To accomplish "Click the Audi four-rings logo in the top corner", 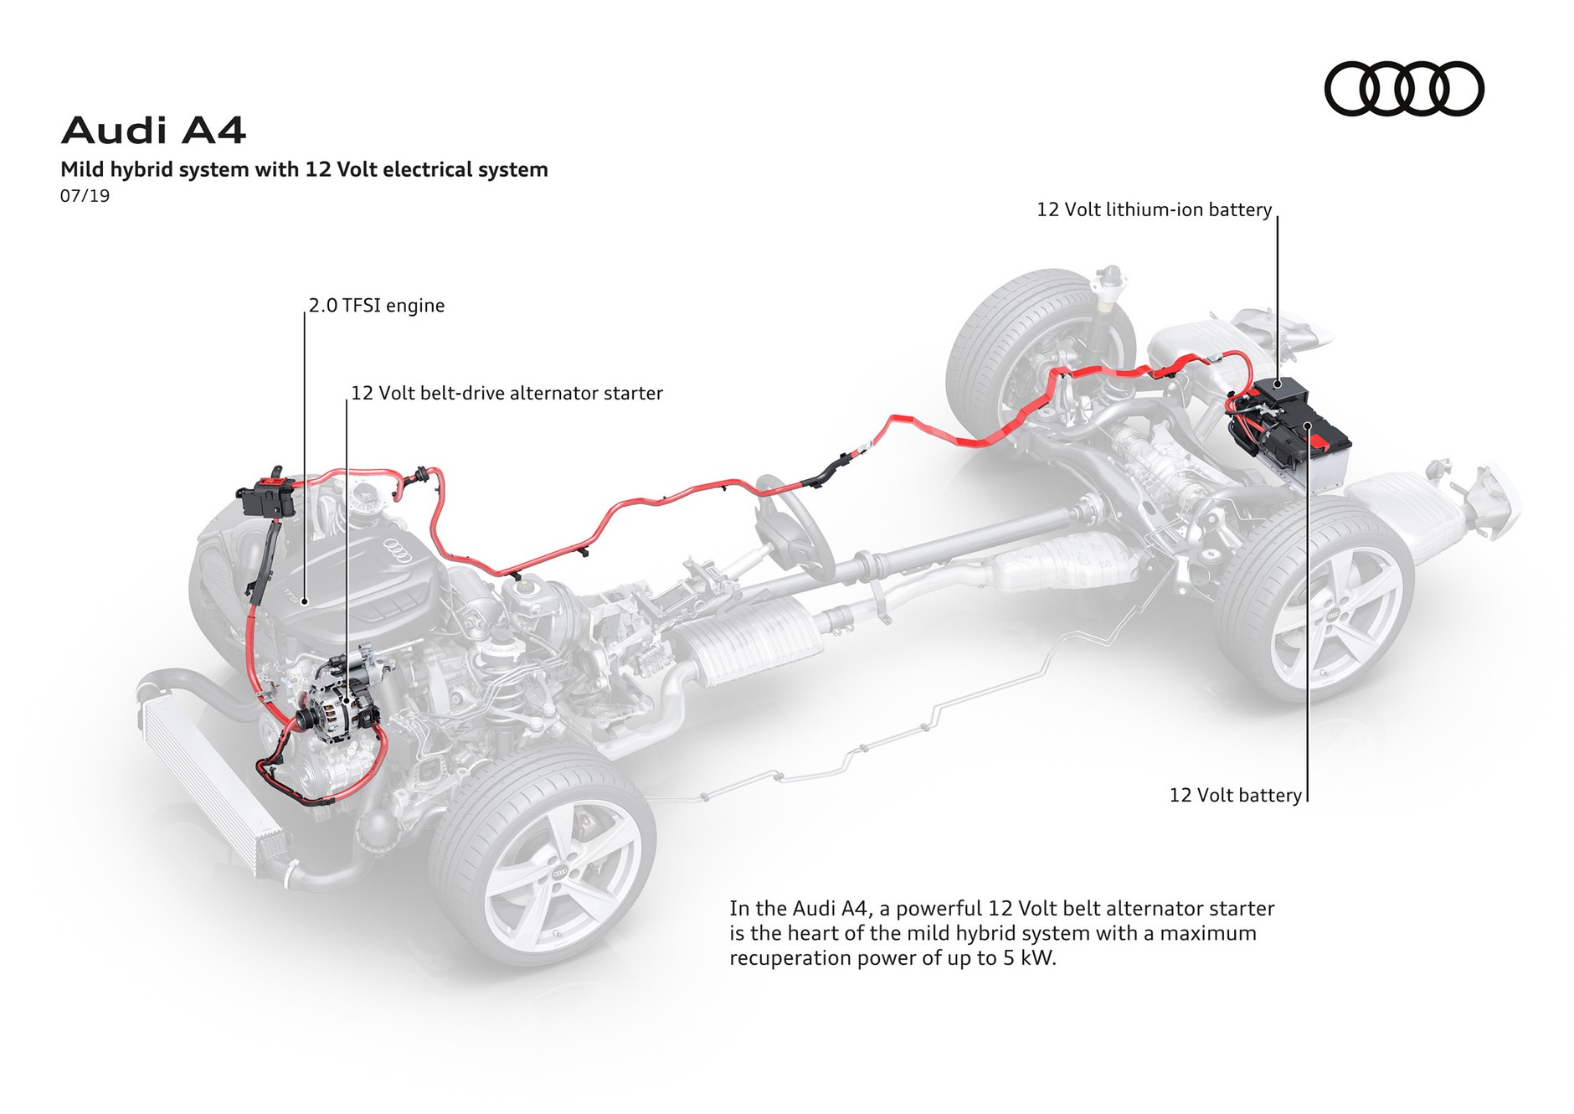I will tap(1403, 89).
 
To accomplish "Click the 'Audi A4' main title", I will tap(153, 131).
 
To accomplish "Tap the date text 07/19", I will tap(85, 196).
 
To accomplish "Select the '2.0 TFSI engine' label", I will tap(376, 306).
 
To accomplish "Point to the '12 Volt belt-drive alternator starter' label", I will tap(507, 394).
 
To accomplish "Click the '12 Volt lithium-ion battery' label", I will tap(1154, 210).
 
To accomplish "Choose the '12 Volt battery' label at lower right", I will tap(1235, 795).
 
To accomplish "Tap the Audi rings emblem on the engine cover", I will tap(399, 547).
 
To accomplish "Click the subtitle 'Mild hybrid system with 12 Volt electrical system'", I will tap(304, 170).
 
